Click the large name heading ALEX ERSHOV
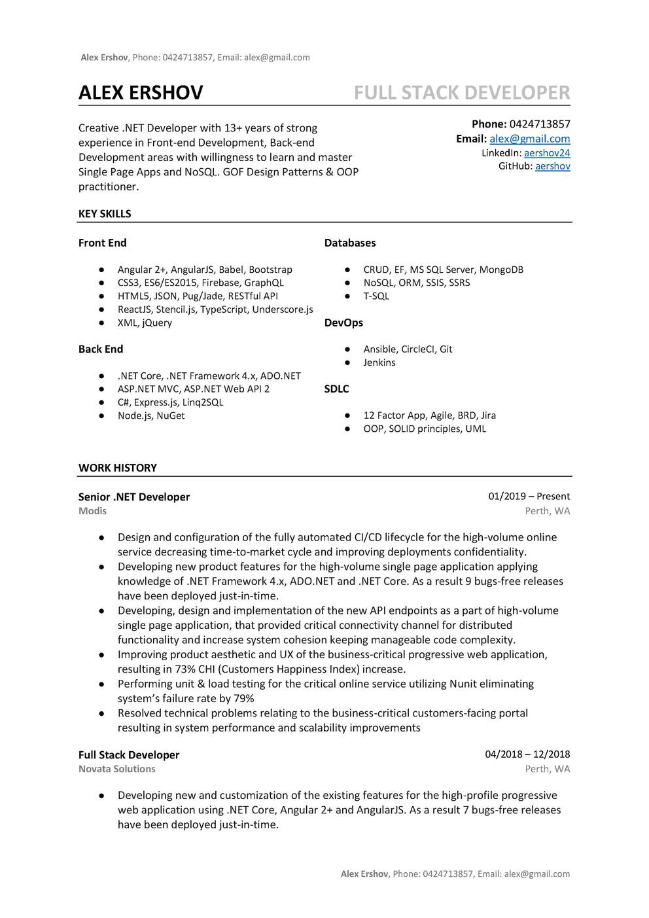point(141,93)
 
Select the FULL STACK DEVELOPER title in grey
point(462,93)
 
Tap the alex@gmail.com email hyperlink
point(529,139)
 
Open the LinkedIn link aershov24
point(547,153)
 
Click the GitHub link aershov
point(552,166)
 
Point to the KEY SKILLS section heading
point(105,214)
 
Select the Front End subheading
point(102,243)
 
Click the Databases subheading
point(350,243)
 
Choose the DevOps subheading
point(343,323)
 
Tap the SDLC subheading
point(336,389)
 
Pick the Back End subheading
point(101,349)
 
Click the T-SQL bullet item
point(376,296)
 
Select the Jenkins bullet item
point(379,362)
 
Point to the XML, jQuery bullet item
point(145,323)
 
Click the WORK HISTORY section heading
point(118,468)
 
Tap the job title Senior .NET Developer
point(134,497)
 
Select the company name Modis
point(92,510)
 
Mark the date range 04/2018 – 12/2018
point(527,754)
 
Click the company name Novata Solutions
point(117,769)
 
